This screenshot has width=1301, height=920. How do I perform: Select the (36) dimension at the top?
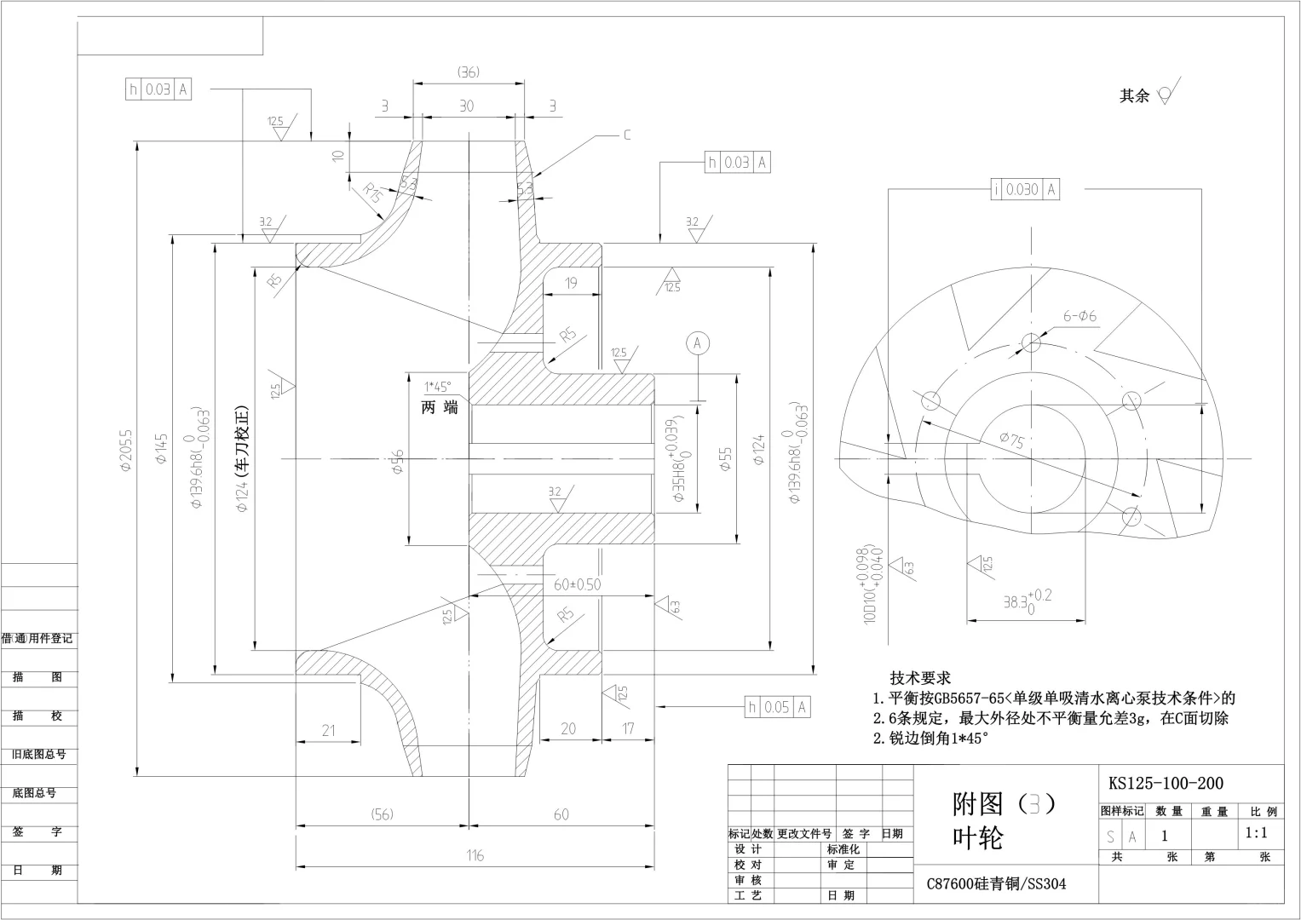tap(468, 72)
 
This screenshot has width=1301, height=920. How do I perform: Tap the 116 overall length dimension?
tap(475, 855)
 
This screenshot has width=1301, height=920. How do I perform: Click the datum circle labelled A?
tap(697, 342)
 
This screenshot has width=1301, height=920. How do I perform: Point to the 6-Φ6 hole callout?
tap(1079, 316)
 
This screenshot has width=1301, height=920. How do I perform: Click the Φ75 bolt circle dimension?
tap(1012, 440)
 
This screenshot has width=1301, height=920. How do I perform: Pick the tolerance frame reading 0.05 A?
tap(776, 707)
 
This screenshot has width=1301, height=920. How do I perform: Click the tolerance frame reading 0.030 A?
tap(1025, 190)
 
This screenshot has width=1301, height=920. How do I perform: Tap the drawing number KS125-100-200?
tap(1166, 783)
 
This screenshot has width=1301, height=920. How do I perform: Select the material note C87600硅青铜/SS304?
tap(996, 884)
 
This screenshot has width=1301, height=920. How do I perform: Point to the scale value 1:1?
tap(1255, 833)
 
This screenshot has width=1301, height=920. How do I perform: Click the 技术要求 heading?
tap(920, 678)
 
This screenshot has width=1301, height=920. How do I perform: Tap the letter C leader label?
tap(627, 135)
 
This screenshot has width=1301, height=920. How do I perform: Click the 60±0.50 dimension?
tap(577, 584)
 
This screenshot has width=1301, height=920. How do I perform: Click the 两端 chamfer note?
tap(440, 408)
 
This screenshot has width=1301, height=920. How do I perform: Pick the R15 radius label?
tap(371, 192)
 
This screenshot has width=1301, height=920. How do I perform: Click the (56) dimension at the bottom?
tap(382, 814)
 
